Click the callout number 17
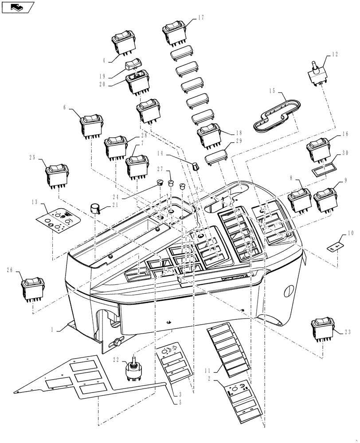[x=200, y=18]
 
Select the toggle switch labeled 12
[x=318, y=74]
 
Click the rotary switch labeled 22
[x=134, y=367]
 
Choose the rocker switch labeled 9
[x=325, y=199]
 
